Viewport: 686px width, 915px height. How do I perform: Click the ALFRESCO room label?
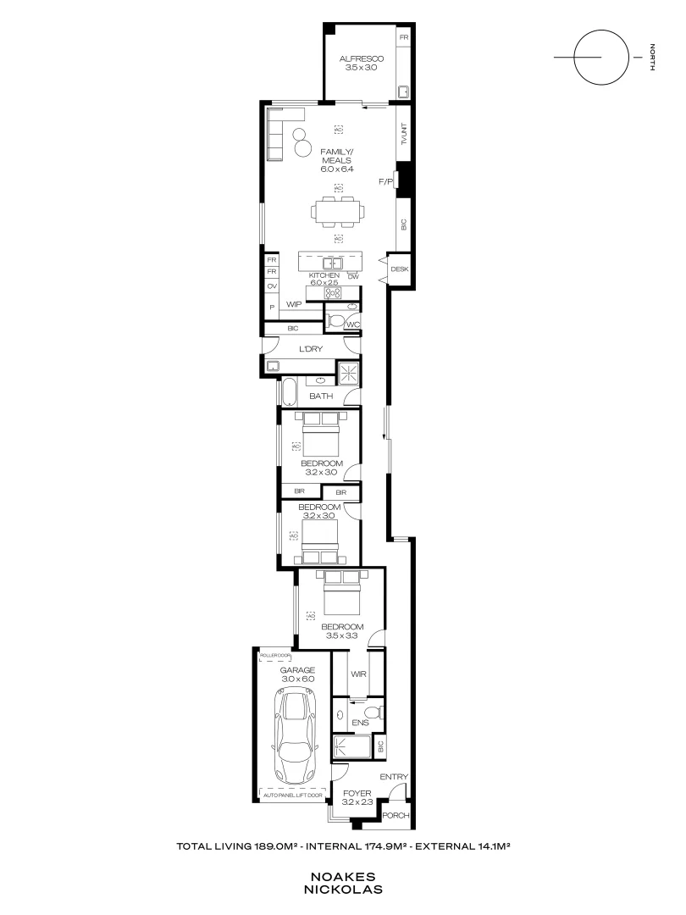[x=362, y=58]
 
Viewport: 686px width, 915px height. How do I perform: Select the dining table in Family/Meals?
[x=337, y=211]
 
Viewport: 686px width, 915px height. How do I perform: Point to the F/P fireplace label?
[x=385, y=181]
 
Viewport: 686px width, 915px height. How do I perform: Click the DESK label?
[x=400, y=269]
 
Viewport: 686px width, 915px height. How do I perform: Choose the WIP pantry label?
[x=294, y=304]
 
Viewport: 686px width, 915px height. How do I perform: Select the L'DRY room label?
[x=312, y=348]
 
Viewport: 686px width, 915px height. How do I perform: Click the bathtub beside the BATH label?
[x=288, y=393]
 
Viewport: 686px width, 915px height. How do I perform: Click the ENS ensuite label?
[x=359, y=723]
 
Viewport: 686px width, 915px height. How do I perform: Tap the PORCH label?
[x=396, y=816]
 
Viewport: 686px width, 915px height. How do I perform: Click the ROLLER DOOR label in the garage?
[x=275, y=656]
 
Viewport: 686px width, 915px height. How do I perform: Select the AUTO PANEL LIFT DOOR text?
[x=292, y=796]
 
